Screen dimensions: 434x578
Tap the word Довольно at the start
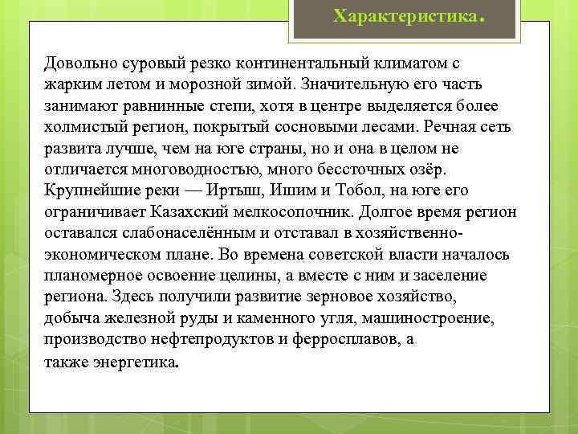point(80,63)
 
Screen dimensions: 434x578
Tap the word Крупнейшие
point(88,191)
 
